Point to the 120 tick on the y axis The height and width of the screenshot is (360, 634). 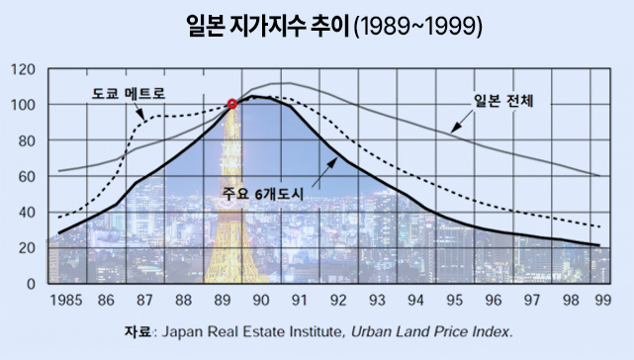coord(23,69)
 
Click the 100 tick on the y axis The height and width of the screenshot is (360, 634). coord(23,105)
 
